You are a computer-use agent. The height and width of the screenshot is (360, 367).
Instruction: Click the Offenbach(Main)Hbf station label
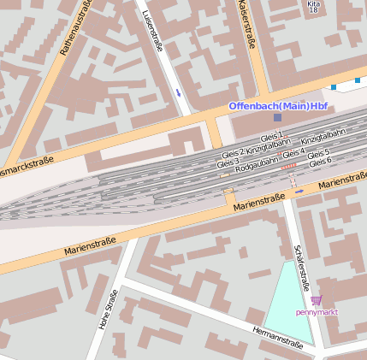(x=278, y=105)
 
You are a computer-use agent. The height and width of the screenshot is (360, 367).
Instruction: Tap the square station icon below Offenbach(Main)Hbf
(x=277, y=116)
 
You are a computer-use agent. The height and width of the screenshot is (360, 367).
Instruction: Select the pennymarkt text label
(x=317, y=312)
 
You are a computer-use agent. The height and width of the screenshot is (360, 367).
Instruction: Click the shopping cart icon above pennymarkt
(x=317, y=300)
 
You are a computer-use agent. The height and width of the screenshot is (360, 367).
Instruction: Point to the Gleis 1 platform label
(x=271, y=137)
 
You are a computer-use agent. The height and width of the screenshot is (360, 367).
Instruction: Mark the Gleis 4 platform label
(x=293, y=152)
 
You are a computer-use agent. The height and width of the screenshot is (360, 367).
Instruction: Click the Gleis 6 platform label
(x=319, y=162)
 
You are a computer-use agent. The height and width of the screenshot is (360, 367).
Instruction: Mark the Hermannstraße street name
(x=277, y=337)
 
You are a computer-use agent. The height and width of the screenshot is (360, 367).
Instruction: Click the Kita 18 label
(x=314, y=9)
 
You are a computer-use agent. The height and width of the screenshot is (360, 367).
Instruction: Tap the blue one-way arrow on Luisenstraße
(x=178, y=91)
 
